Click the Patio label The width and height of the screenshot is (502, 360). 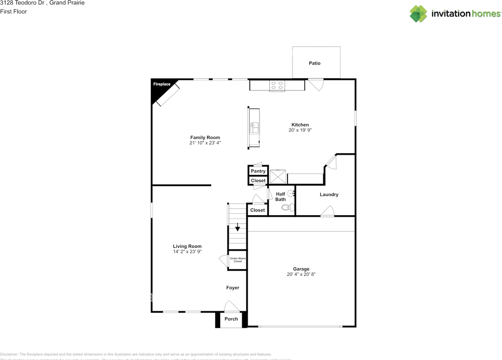click(x=314, y=63)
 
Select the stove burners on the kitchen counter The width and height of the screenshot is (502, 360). click(x=277, y=85)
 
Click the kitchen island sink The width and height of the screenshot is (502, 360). click(x=254, y=127)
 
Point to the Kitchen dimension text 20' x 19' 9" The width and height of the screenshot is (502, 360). click(x=300, y=130)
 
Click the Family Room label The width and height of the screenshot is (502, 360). click(x=205, y=137)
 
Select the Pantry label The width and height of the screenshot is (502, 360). click(x=258, y=171)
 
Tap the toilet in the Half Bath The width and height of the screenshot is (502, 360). click(x=288, y=208)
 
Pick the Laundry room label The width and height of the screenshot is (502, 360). click(x=329, y=195)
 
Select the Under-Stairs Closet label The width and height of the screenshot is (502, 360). click(x=238, y=260)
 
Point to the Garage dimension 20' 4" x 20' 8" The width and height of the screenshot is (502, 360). click(x=301, y=275)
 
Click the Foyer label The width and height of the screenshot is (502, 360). click(x=233, y=288)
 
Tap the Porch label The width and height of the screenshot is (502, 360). click(x=231, y=319)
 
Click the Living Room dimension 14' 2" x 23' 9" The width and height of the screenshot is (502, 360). click(x=187, y=251)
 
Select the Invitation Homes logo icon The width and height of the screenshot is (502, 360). click(x=418, y=14)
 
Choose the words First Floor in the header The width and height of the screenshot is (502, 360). click(x=13, y=11)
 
